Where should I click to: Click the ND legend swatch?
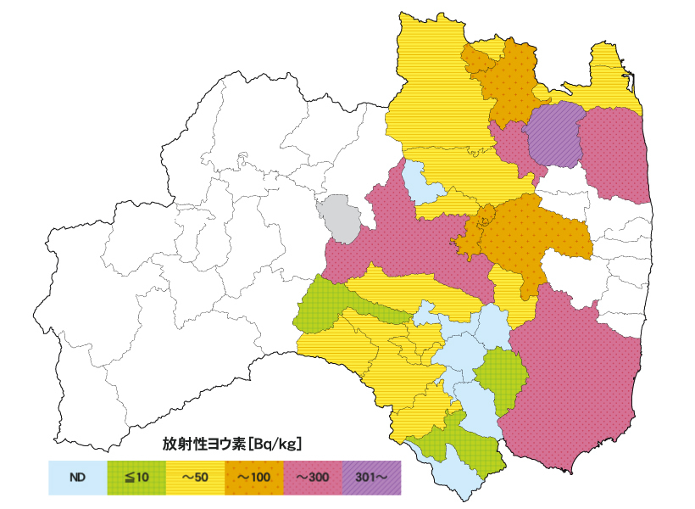pyautogui.click(x=77, y=478)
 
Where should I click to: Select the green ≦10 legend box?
pyautogui.click(x=136, y=478)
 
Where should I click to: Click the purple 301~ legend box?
pyautogui.click(x=370, y=478)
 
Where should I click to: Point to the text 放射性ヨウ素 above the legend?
pyautogui.click(x=204, y=443)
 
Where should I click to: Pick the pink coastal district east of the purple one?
pyautogui.click(x=613, y=153)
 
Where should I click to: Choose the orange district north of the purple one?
pyautogui.click(x=507, y=81)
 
